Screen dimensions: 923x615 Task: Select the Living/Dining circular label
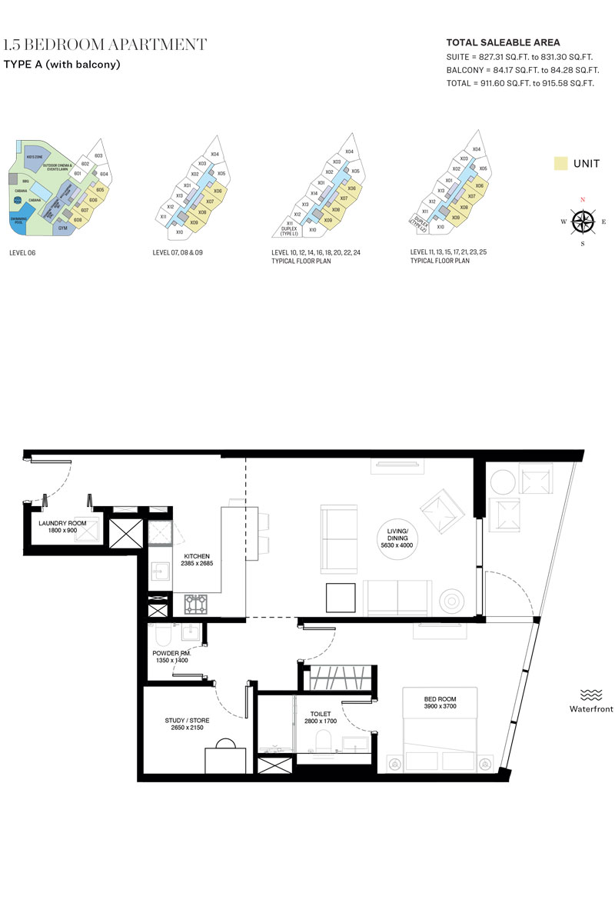click(397, 538)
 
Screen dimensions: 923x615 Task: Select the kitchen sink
click(162, 571)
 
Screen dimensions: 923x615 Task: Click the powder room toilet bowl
click(162, 635)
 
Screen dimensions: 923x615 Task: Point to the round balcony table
click(501, 482)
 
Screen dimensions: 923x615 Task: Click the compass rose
click(583, 222)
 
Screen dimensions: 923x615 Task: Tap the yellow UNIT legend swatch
click(561, 163)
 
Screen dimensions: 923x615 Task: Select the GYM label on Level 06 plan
click(62, 228)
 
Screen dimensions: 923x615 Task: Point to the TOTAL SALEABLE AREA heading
click(503, 42)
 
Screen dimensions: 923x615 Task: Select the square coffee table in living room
click(341, 597)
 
